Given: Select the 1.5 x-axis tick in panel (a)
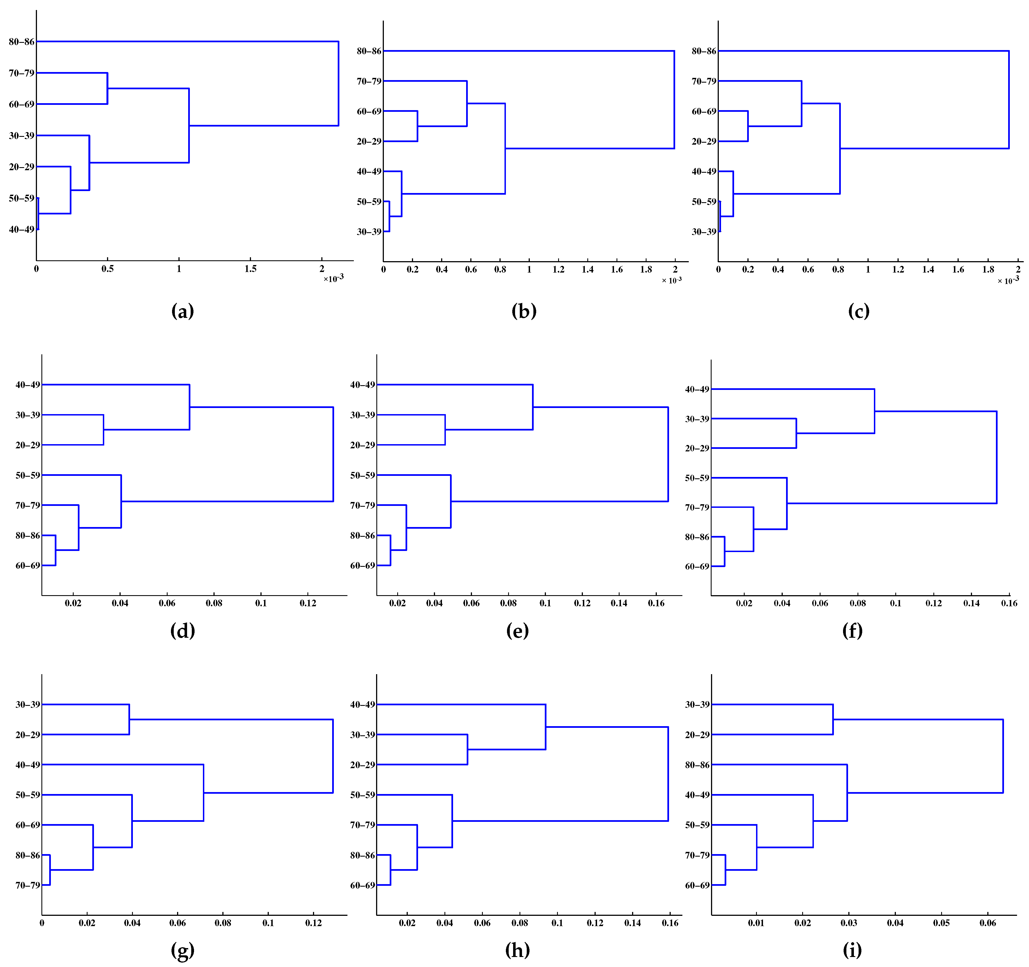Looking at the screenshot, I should pos(250,269).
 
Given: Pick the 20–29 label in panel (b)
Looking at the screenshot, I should pos(369,141).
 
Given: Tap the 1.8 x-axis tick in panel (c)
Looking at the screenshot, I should pos(988,269).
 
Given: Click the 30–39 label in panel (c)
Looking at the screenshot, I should pos(704,231).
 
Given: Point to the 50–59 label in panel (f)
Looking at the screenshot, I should pos(697,478).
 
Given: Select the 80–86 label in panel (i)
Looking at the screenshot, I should pos(697,765).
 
